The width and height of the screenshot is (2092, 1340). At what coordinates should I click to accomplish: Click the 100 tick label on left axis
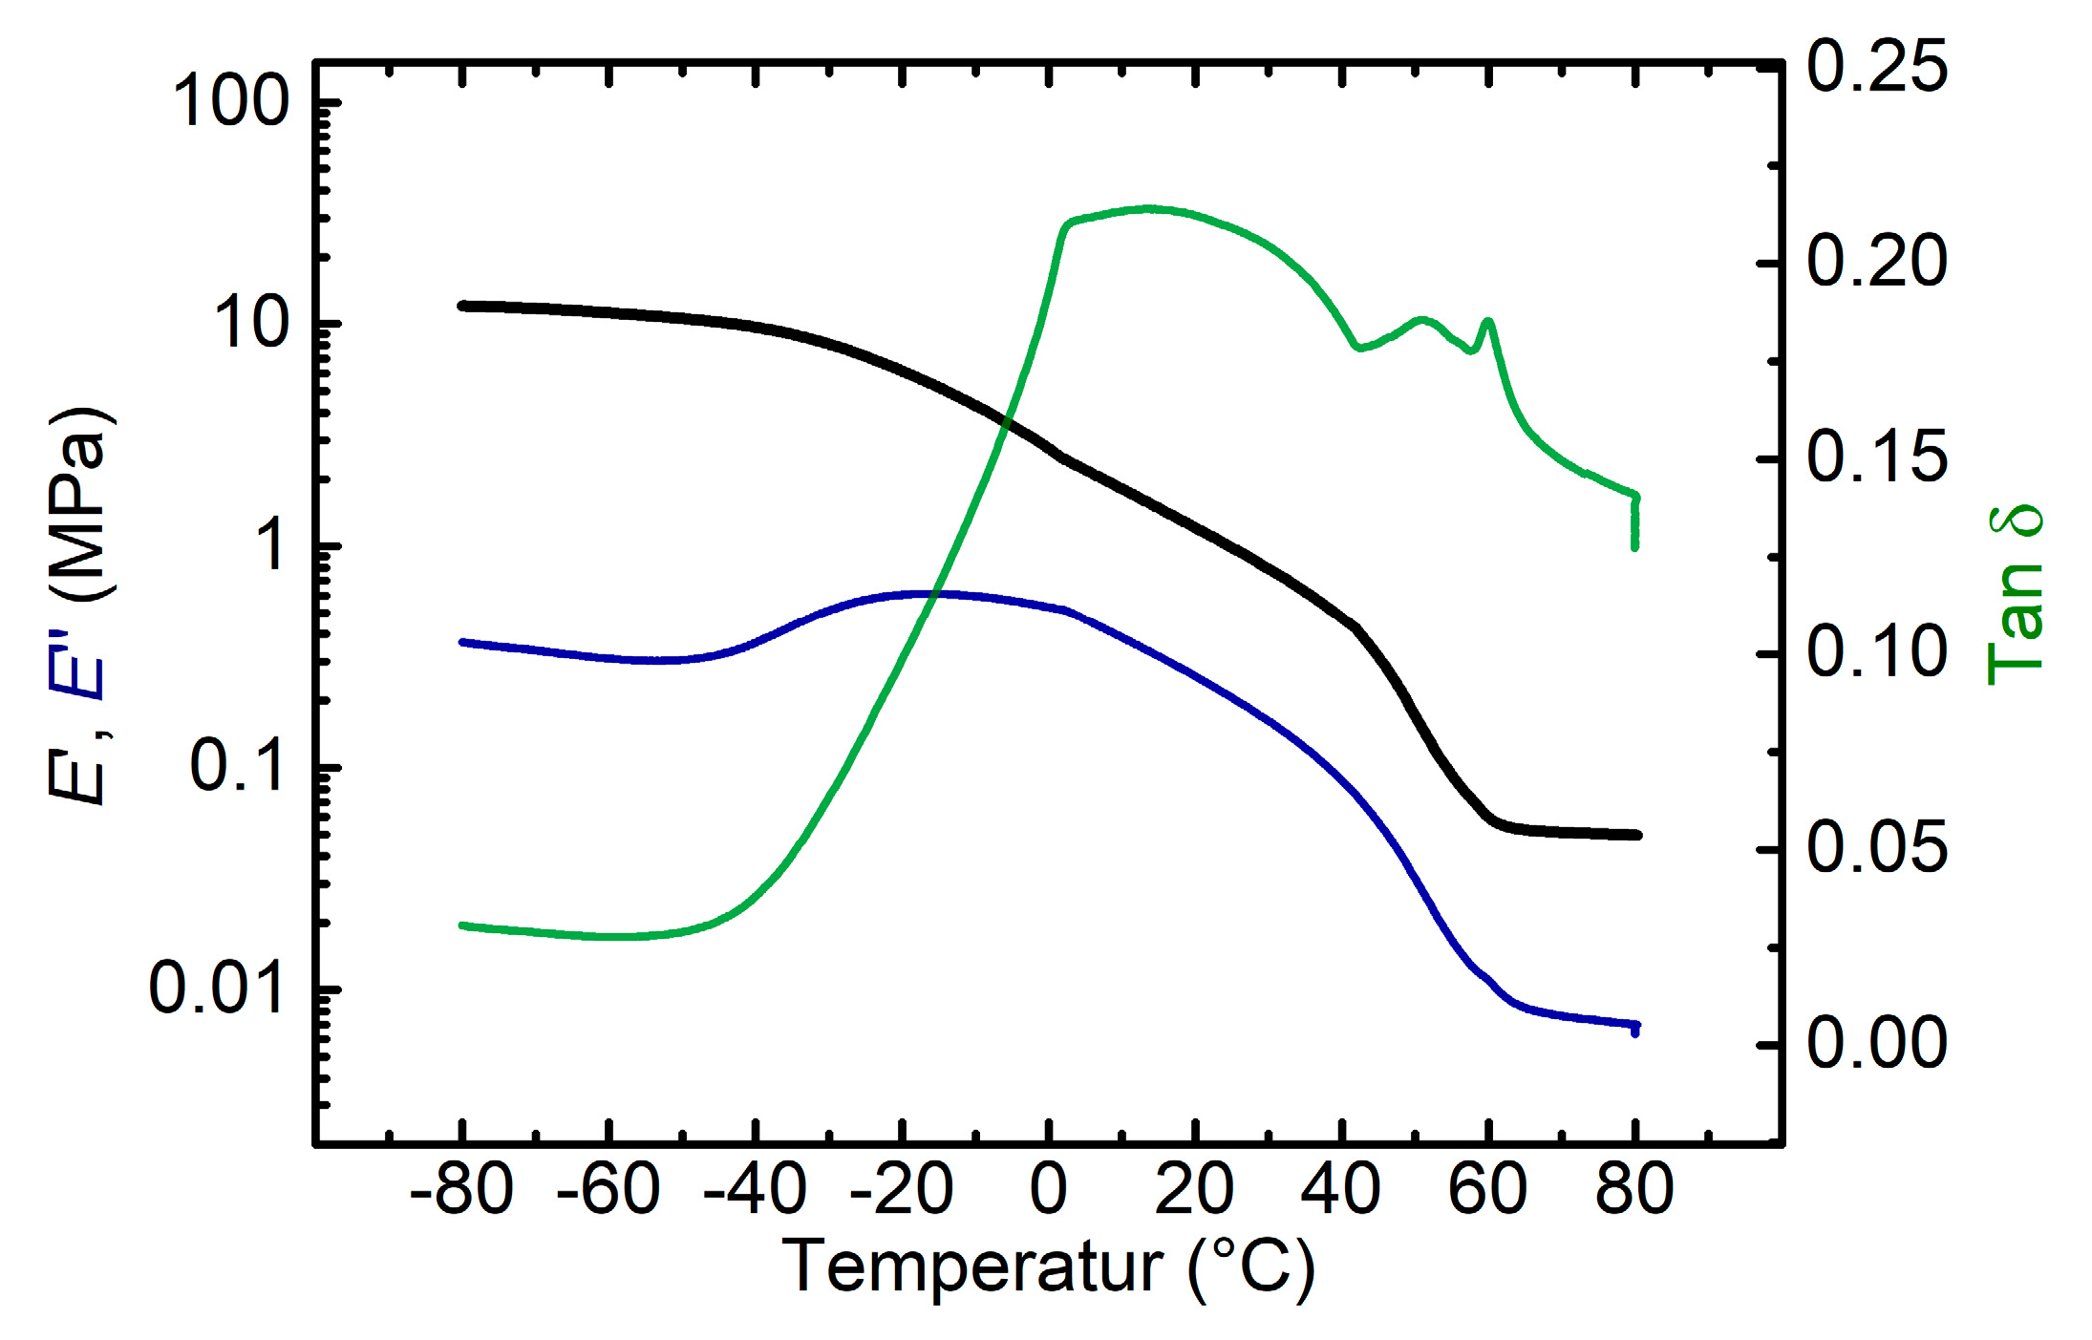(x=230, y=101)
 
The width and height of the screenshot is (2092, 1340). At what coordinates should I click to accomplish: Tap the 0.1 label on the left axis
(x=237, y=765)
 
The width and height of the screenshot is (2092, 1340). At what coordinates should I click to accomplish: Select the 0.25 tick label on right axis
(x=1876, y=67)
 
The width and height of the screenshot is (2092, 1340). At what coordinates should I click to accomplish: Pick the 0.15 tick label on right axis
(x=1876, y=457)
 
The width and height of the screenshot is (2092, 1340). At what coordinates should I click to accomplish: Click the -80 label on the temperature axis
(x=461, y=1189)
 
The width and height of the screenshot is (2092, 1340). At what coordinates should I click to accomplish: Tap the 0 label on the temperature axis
(x=1048, y=1189)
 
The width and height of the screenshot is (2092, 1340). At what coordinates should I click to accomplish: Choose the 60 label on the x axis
(x=1487, y=1189)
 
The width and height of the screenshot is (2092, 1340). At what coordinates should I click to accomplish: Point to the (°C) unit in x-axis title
(x=1251, y=1268)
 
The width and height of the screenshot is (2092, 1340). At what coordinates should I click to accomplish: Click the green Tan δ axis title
(x=2016, y=594)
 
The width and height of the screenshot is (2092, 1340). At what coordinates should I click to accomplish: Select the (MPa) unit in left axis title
(x=81, y=504)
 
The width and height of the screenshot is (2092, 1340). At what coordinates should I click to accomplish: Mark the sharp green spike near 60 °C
(x=1487, y=322)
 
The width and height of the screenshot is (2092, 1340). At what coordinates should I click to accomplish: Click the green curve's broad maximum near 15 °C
(x=1150, y=208)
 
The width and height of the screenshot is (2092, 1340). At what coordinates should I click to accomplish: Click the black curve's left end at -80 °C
(x=463, y=306)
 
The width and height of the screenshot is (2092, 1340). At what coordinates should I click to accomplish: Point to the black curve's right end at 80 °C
(x=1635, y=835)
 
